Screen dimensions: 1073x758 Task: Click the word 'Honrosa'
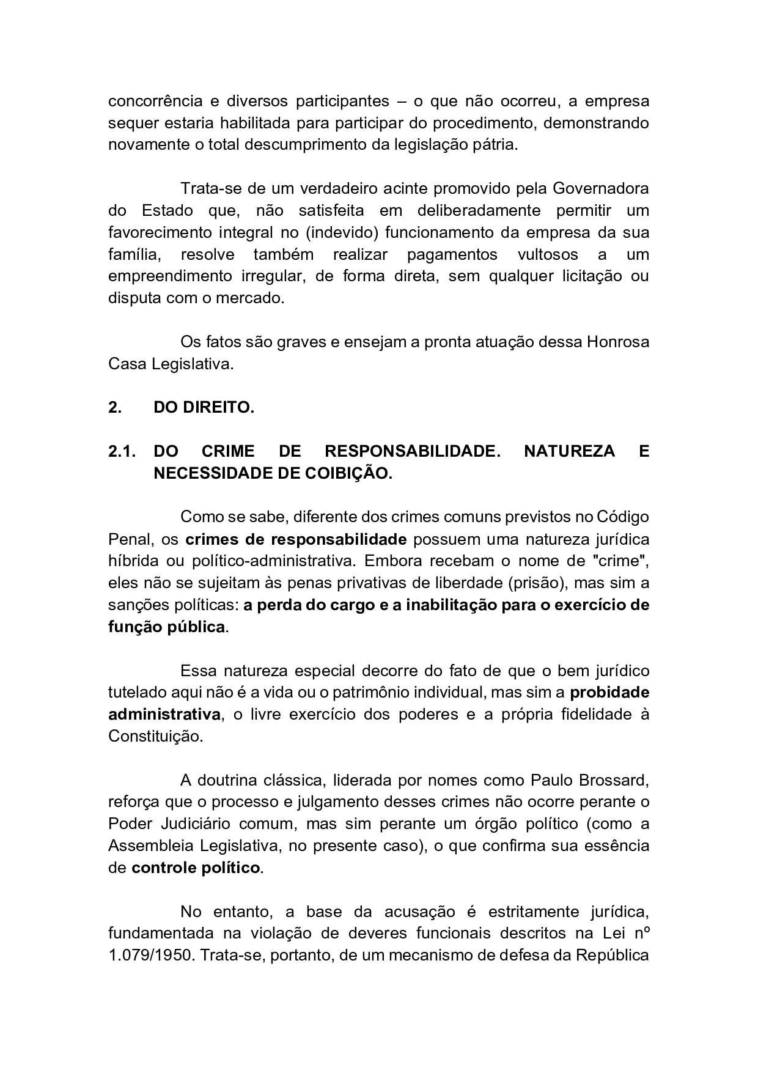point(618,342)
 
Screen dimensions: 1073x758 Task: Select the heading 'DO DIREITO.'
point(204,408)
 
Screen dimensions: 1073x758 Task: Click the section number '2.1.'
point(122,452)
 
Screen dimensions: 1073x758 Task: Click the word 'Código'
point(623,517)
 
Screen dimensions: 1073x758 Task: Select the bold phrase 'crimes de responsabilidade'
point(296,539)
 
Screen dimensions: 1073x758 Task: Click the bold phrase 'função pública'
point(167,627)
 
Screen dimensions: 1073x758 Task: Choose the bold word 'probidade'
point(609,693)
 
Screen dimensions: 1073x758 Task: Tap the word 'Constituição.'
point(155,737)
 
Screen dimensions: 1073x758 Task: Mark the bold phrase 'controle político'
point(196,868)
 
